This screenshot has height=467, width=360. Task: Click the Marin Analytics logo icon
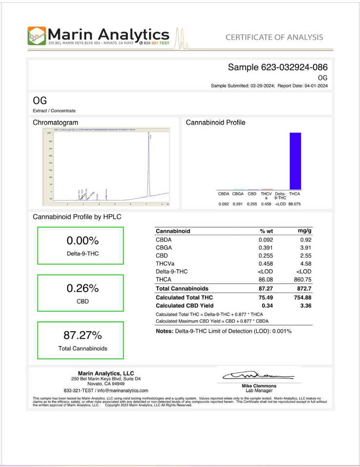[x=38, y=36]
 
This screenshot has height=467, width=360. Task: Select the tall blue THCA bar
[x=295, y=161]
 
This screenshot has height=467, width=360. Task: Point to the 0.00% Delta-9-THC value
[x=82, y=242]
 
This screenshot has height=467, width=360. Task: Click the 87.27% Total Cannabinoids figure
[x=82, y=336]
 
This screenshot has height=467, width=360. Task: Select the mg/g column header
[x=304, y=231]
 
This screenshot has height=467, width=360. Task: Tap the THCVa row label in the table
[x=166, y=263]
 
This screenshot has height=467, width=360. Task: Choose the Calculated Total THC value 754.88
[x=301, y=298]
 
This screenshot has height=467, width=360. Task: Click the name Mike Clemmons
[x=259, y=386]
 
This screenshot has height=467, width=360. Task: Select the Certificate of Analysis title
[x=274, y=37]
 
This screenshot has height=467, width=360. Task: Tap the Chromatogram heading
[x=55, y=122]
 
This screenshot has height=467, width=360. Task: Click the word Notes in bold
[x=166, y=331]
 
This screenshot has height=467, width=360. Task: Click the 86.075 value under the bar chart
[x=294, y=204]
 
